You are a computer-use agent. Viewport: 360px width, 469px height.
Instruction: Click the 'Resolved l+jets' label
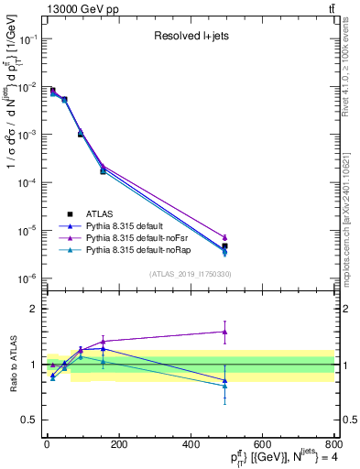pyautogui.click(x=191, y=38)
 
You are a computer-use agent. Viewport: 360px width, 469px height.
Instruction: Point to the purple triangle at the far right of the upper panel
pyautogui.click(x=224, y=237)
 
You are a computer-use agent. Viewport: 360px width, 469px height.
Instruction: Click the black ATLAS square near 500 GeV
pyautogui.click(x=224, y=246)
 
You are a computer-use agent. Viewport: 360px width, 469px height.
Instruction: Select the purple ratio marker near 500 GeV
pyautogui.click(x=224, y=332)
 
